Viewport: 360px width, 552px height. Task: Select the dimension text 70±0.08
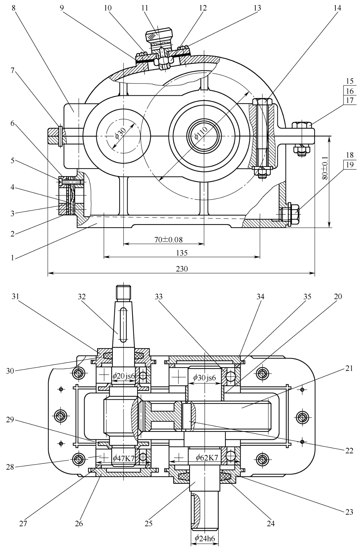click(168, 239)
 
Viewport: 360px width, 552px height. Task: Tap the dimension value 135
click(182, 253)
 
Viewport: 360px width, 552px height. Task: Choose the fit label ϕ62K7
click(207, 458)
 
